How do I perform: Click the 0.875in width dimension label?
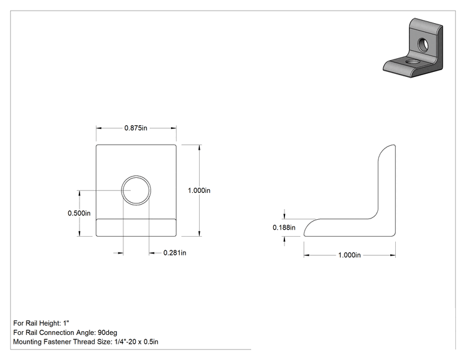[x=135, y=128]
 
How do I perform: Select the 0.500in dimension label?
[x=79, y=213]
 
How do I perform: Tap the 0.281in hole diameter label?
[x=175, y=253]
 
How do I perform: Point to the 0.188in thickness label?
[x=284, y=227]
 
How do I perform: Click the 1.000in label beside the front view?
[x=199, y=190]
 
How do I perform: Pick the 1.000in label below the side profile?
[x=349, y=255]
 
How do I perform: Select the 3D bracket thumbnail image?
[x=413, y=48]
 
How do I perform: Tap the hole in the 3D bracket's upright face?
[x=423, y=44]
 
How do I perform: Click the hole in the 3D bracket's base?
[x=412, y=62]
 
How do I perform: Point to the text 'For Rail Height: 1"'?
[x=41, y=323]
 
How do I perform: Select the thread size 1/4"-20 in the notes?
[x=125, y=342]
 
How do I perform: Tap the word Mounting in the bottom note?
[x=28, y=342]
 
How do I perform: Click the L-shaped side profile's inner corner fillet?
[x=375, y=216]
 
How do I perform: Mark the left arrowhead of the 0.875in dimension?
[x=99, y=128]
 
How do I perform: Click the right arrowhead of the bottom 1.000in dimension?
[x=393, y=255]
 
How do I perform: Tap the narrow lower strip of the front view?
[x=136, y=228]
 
